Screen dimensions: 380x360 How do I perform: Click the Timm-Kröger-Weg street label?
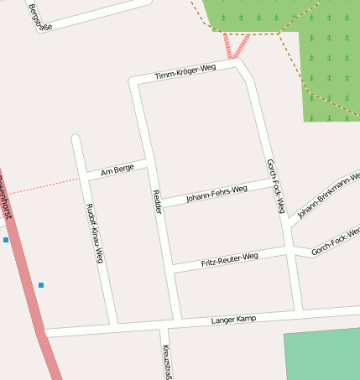click(186, 72)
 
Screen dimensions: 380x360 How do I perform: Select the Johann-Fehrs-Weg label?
click(217, 194)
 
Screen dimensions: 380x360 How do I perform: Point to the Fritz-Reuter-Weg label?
click(229, 259)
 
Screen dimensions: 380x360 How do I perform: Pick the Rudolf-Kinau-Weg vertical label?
click(94, 233)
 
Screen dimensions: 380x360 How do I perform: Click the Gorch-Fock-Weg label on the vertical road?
click(276, 185)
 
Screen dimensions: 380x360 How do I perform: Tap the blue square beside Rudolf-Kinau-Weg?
click(40, 285)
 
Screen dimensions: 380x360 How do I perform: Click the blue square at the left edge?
click(6, 240)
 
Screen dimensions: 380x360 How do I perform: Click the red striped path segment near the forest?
click(237, 44)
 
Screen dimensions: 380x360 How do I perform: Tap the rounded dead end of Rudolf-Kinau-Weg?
click(76, 138)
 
